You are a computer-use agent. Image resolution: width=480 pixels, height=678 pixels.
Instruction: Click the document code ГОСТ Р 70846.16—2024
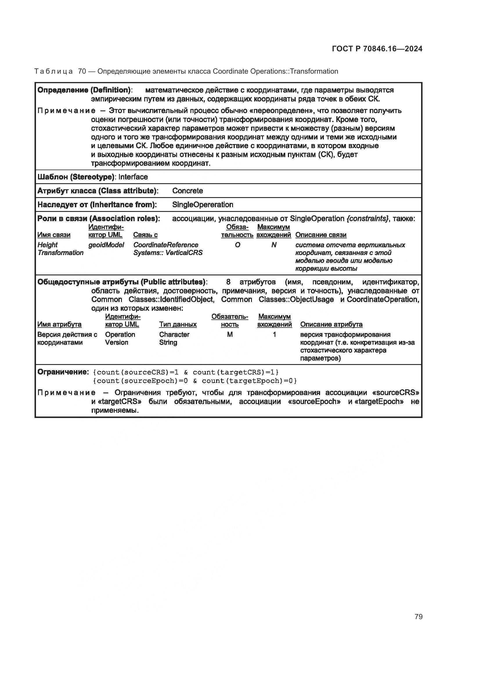coord(377,49)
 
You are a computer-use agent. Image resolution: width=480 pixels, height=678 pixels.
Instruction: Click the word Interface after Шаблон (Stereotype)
coord(133,177)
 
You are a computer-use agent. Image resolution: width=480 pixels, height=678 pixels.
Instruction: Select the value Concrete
coord(187,191)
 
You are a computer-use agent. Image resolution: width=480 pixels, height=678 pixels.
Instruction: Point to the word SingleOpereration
coord(203,205)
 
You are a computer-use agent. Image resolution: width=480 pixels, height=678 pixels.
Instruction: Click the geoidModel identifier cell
coord(106,245)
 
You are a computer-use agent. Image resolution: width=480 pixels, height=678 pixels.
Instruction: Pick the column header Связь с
coord(145,235)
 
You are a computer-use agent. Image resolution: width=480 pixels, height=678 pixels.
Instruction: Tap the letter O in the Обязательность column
coord(237,245)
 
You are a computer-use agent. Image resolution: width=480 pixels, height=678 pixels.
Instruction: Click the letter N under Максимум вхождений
coord(274,245)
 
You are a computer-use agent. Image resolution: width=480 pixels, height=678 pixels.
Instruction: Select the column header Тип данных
coord(178,325)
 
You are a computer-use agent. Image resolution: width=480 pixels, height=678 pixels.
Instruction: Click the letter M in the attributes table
coord(230,335)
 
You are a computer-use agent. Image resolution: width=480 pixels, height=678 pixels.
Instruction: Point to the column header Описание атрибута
coord(331,325)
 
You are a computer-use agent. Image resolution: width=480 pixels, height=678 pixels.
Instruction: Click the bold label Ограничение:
coord(63,372)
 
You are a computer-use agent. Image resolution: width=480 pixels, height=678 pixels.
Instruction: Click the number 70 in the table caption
coord(82,72)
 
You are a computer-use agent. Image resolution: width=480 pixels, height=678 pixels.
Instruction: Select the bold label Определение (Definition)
coord(84,90)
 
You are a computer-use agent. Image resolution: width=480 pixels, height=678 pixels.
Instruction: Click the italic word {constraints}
coord(368,219)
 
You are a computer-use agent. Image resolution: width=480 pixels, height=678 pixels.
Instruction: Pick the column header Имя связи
coord(54,235)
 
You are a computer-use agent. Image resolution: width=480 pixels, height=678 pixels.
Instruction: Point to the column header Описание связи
coord(321,235)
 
